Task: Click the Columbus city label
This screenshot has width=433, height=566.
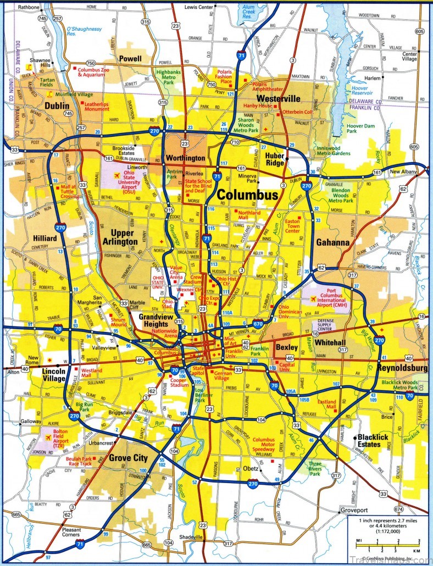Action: (247, 195)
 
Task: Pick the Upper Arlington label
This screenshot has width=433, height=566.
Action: (120, 237)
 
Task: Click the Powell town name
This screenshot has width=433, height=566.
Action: (130, 58)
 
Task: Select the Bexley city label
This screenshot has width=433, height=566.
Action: (286, 347)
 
